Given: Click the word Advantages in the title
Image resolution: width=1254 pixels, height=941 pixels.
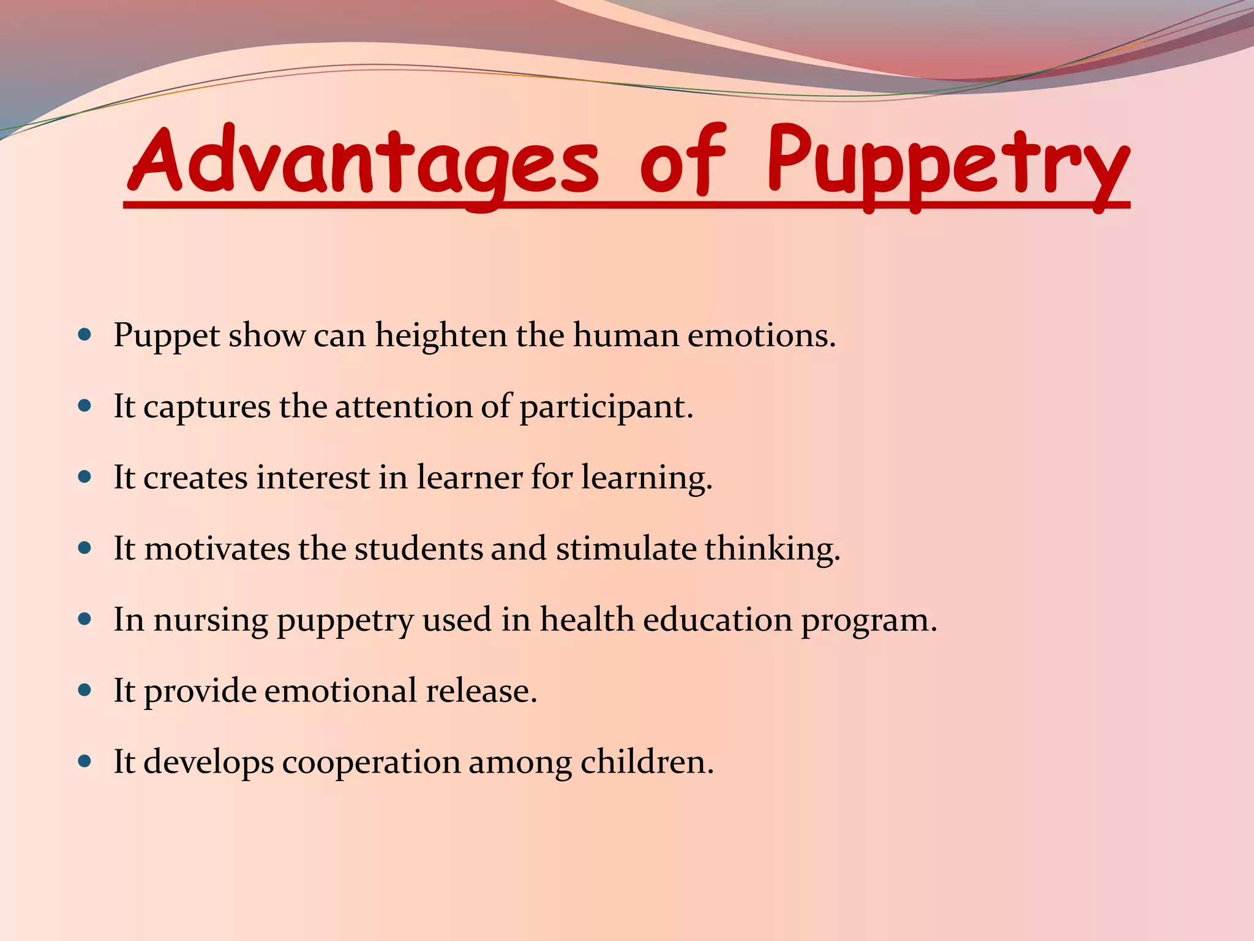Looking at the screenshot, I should (362, 161).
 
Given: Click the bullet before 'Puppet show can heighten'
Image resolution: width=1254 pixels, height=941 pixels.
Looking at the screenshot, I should (85, 335).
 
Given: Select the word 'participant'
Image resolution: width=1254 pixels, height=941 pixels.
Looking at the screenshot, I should (606, 407).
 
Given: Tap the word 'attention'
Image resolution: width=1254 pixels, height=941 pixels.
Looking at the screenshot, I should (404, 407).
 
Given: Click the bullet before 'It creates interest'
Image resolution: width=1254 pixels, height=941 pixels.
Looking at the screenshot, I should (85, 477).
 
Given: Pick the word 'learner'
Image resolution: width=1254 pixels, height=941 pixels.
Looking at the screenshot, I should (470, 478).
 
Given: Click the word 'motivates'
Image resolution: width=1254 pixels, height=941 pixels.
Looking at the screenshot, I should (217, 548).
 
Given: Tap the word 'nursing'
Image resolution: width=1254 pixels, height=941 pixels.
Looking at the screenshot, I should (210, 621).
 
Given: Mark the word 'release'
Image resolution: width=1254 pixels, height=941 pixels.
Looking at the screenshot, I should (481, 691).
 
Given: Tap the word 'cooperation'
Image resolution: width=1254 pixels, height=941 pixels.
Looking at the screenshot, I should (371, 763).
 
